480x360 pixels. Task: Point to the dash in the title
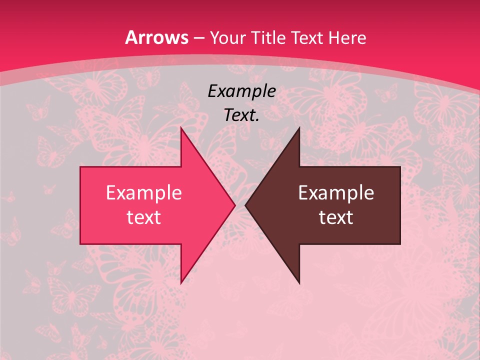(x=199, y=38)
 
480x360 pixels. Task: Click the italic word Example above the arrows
(x=242, y=91)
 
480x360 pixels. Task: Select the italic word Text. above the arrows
(x=242, y=115)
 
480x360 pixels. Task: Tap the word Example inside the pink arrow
(x=144, y=193)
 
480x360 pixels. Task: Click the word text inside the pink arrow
(x=144, y=217)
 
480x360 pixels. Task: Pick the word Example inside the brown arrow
(x=336, y=193)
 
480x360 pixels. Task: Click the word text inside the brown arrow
(x=336, y=217)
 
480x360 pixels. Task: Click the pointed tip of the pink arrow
(x=235, y=205)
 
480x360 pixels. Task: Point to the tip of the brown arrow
(x=245, y=205)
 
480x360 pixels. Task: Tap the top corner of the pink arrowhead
(x=181, y=127)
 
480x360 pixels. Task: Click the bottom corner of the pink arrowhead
(x=181, y=283)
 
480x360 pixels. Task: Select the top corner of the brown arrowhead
(x=299, y=127)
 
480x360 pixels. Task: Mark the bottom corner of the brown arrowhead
(x=299, y=283)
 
